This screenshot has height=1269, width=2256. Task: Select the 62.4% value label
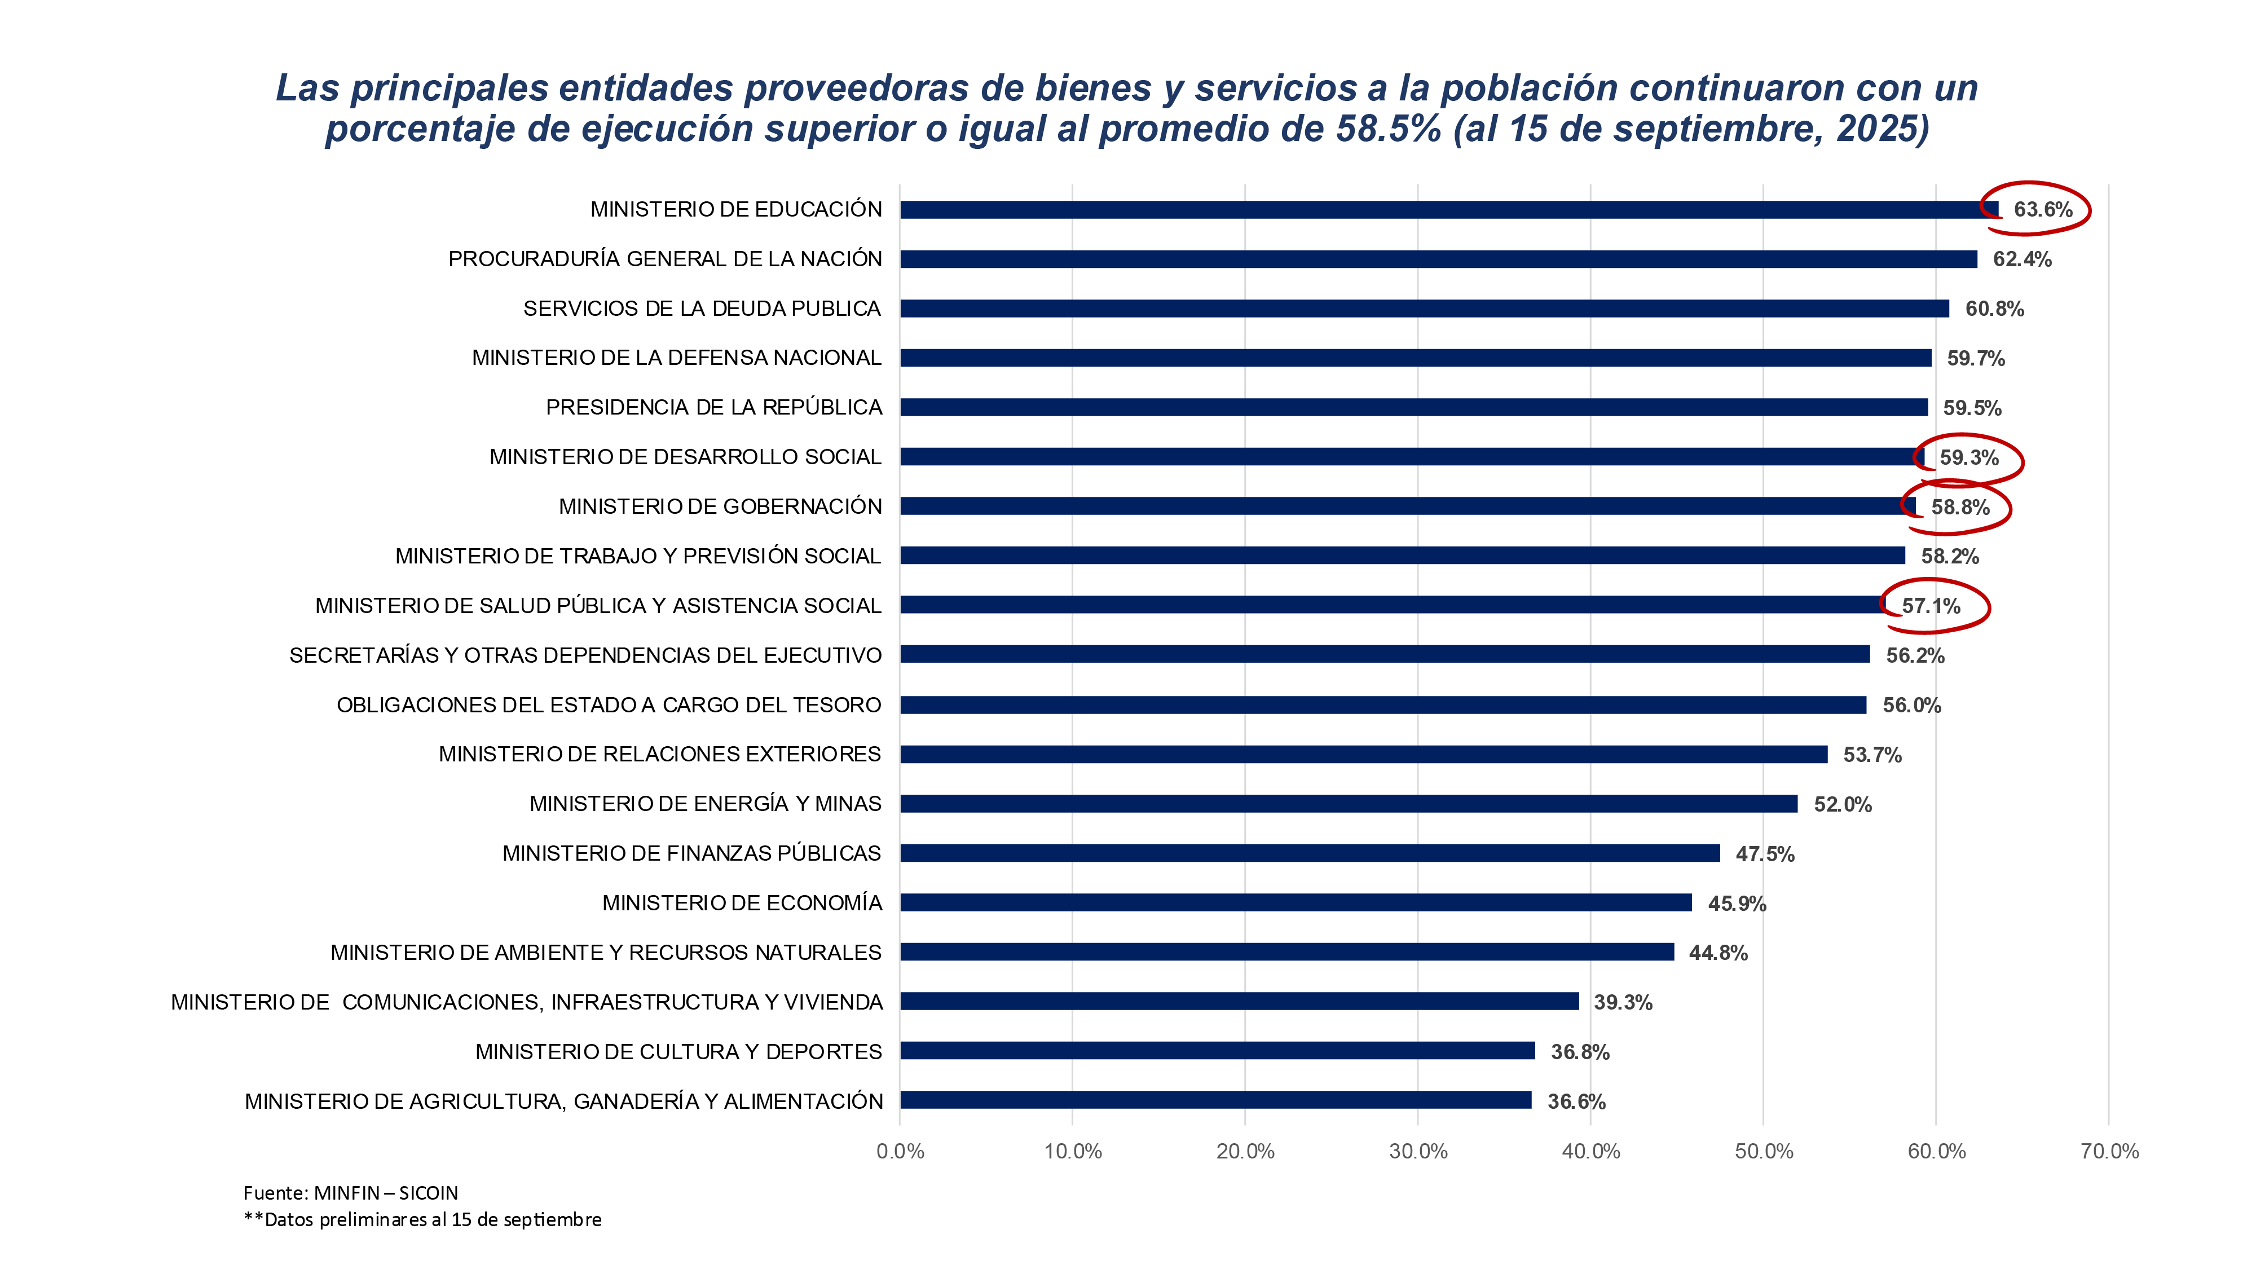pyautogui.click(x=2021, y=259)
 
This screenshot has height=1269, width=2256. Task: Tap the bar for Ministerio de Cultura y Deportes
pyautogui.click(x=1217, y=1051)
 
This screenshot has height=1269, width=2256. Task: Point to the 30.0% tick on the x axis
pyautogui.click(x=1418, y=1151)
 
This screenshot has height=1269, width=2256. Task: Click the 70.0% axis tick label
pyautogui.click(x=2109, y=1151)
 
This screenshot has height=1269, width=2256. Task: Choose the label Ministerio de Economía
pyautogui.click(x=742, y=903)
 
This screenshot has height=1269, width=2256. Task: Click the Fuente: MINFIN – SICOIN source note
pyautogui.click(x=350, y=1193)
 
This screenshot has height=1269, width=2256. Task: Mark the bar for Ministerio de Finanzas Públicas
pyautogui.click(x=1309, y=853)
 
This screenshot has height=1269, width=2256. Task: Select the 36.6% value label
pyautogui.click(x=1576, y=1101)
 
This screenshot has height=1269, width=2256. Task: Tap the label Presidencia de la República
pyautogui.click(x=714, y=407)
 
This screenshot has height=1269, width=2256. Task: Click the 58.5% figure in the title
pyautogui.click(x=1388, y=129)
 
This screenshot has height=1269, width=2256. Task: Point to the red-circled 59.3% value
pyautogui.click(x=1969, y=457)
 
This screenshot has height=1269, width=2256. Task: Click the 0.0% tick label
pyautogui.click(x=900, y=1151)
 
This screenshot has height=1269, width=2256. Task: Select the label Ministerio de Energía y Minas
pyautogui.click(x=705, y=804)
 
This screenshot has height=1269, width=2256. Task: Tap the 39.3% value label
pyautogui.click(x=1623, y=1003)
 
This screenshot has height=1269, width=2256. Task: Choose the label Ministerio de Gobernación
pyautogui.click(x=720, y=506)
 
